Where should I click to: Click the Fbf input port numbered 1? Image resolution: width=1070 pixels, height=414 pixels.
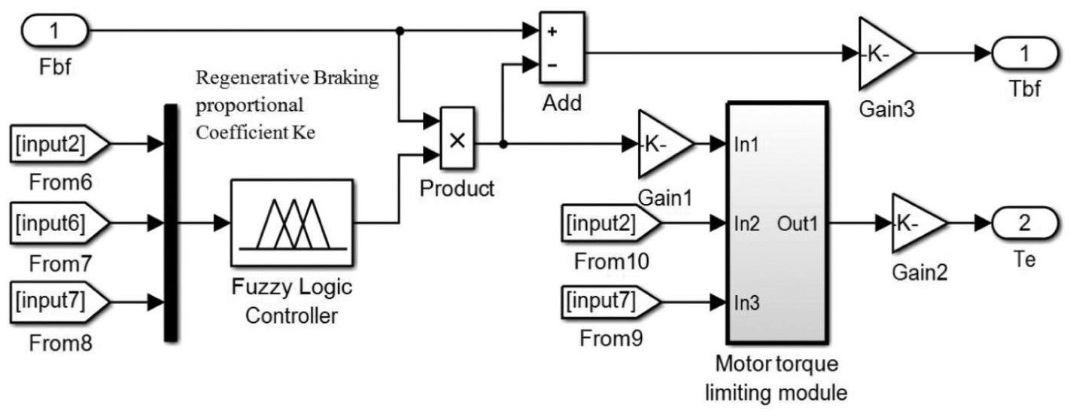54,31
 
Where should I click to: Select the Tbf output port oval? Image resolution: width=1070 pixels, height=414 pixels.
1025,53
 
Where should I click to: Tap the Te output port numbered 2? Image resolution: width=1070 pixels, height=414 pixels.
1025,224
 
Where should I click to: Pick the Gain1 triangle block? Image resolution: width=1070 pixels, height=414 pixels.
665,144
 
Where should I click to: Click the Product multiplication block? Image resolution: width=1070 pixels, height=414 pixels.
457,139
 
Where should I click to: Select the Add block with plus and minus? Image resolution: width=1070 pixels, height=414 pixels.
562,48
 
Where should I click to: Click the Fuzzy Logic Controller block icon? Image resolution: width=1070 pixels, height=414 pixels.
292,223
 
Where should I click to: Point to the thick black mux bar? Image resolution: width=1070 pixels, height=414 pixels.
171,223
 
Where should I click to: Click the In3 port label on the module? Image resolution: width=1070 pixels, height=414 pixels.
746,303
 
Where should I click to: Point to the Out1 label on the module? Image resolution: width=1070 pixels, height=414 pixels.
798,224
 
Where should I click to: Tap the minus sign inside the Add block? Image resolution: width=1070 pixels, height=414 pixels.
552,65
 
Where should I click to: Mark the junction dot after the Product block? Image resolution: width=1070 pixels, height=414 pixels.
503,144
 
